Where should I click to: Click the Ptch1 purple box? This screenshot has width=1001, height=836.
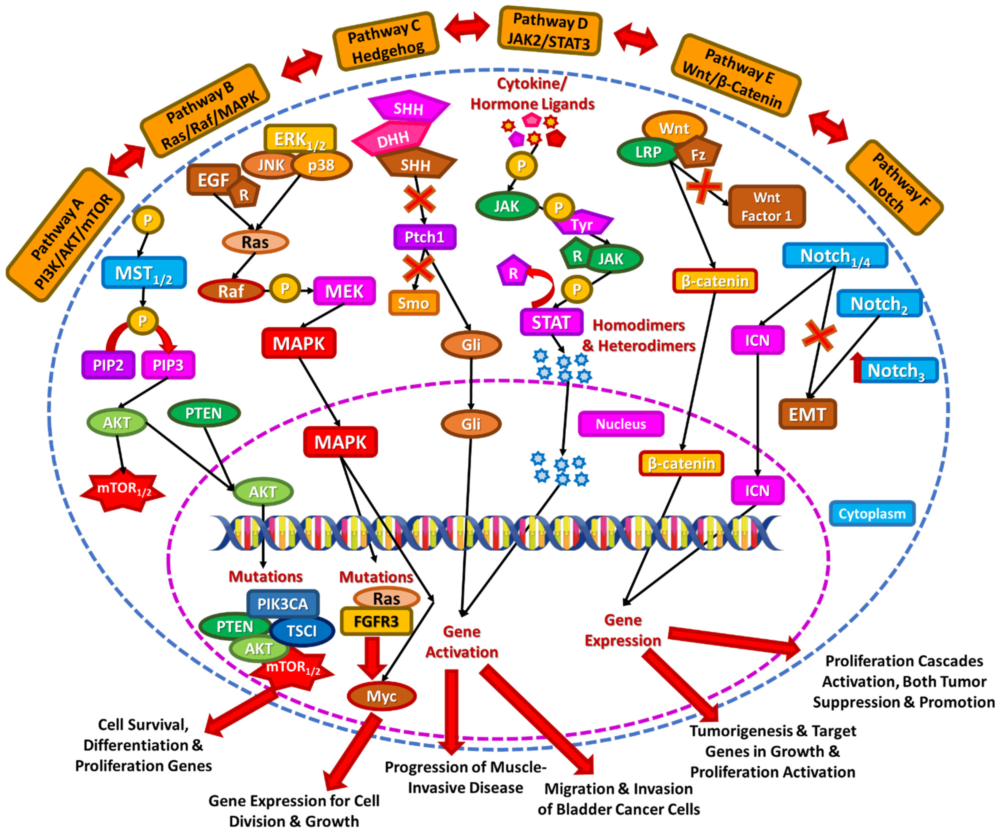424,237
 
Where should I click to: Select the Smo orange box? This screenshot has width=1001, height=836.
413,303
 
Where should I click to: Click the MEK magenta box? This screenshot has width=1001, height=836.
344,291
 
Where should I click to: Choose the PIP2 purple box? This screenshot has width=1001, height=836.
108,365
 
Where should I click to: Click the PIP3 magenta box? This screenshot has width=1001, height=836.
168,365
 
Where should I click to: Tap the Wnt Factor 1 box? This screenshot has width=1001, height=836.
767,206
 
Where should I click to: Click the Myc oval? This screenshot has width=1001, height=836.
381,696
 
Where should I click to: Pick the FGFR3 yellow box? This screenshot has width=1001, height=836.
376,622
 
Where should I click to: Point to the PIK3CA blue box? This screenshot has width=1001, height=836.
283,604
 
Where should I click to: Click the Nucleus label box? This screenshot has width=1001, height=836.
621,424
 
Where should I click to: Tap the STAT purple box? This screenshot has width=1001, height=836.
551,323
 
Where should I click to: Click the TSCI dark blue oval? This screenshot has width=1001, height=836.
302,631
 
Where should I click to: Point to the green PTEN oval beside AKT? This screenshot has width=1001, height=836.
204,413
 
